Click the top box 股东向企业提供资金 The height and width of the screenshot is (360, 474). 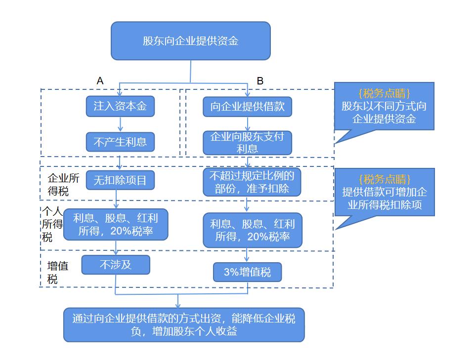(190, 41)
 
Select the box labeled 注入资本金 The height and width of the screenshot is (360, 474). (120, 106)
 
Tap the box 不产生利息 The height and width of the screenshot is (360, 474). (120, 142)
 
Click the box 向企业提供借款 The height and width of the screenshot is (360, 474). (247, 106)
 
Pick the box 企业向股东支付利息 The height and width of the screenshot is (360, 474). (247, 143)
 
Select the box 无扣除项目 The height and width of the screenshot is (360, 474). (120, 180)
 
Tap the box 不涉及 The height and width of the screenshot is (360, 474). (116, 265)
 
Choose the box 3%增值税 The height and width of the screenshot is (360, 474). (247, 272)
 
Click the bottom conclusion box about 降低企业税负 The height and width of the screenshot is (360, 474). (184, 324)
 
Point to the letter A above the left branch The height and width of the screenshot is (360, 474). (100, 80)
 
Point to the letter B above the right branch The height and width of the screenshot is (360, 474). (260, 80)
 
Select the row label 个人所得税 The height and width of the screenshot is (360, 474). (52, 224)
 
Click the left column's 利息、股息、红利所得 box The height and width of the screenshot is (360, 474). (116, 224)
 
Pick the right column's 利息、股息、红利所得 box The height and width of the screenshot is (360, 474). (253, 230)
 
